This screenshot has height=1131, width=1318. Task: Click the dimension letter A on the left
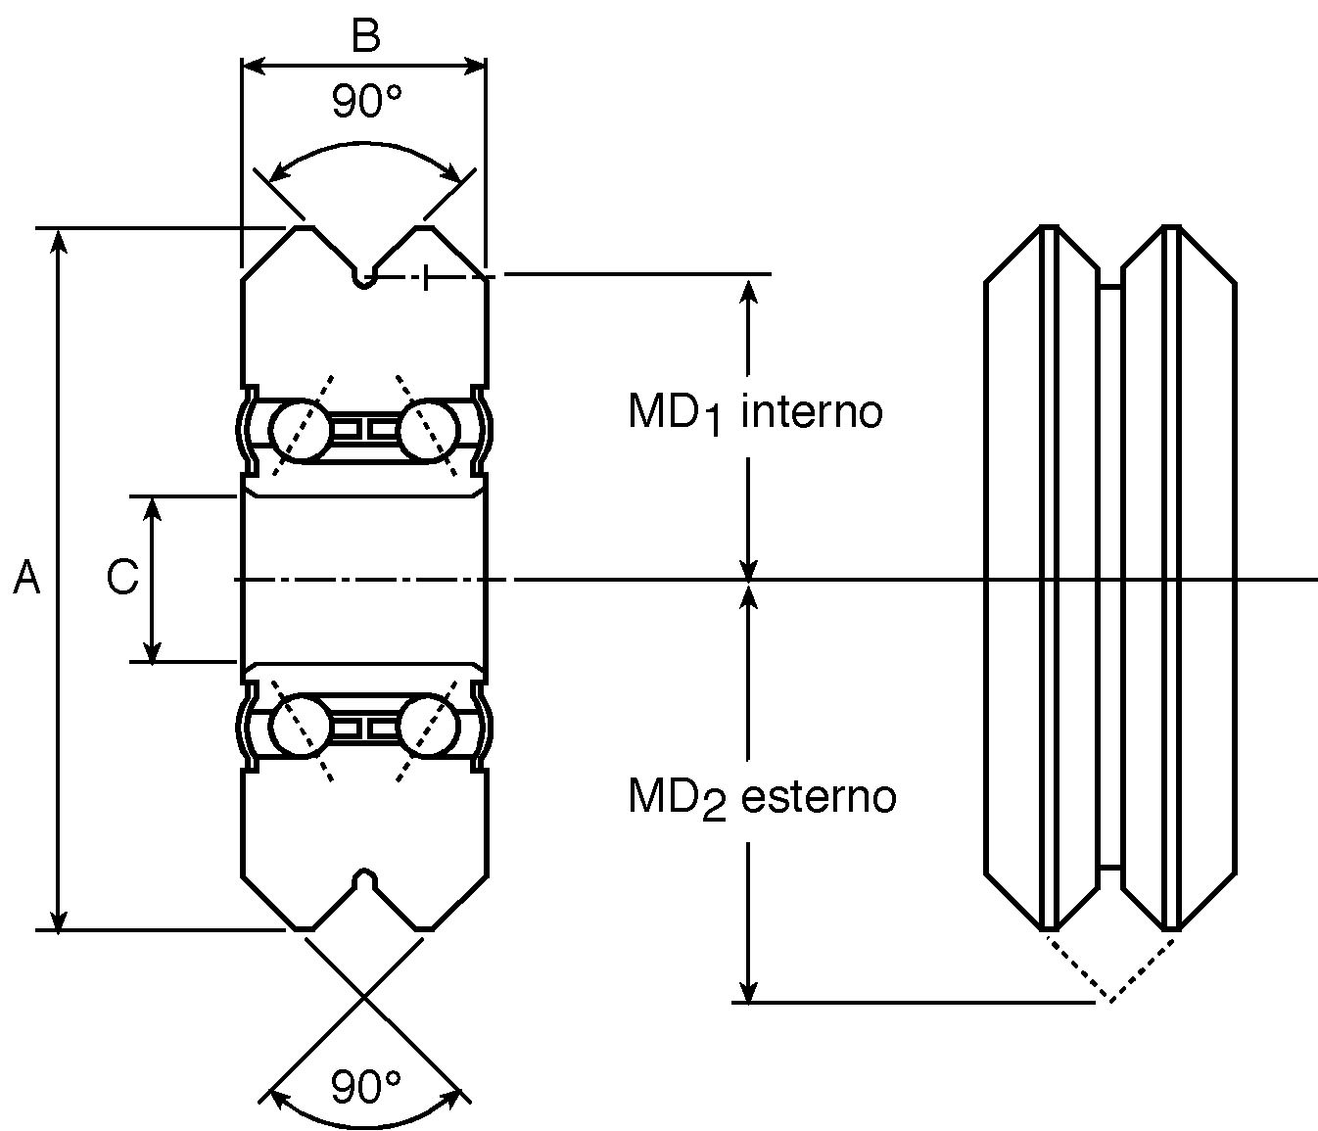26,578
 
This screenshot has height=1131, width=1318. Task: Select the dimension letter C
122,578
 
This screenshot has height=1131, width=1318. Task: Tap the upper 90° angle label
366,101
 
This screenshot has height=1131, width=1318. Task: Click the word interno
812,411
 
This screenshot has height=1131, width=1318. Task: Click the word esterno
819,796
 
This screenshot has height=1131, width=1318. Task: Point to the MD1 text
675,413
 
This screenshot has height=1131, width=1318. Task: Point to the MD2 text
678,799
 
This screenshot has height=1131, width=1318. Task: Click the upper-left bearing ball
300,430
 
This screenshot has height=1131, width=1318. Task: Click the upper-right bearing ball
430,430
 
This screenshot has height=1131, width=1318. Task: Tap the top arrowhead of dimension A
58,240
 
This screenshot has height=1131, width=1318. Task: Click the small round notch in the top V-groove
364,279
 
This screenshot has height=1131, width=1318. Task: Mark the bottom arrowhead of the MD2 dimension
748,991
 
